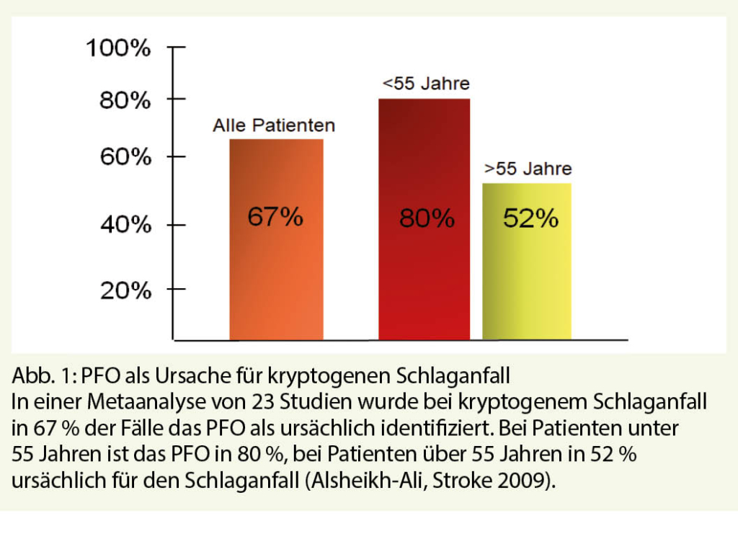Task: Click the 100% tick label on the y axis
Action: click(118, 49)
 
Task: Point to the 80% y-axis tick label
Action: click(125, 100)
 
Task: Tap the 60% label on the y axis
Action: click(125, 156)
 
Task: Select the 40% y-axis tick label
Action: click(125, 226)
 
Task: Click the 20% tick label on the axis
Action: click(125, 290)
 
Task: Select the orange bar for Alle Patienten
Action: click(276, 274)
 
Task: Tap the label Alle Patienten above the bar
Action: click(274, 126)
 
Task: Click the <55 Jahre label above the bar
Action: click(425, 84)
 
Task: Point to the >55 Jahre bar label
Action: click(528, 169)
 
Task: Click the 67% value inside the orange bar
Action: click(275, 216)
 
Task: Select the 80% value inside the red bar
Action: click(427, 218)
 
